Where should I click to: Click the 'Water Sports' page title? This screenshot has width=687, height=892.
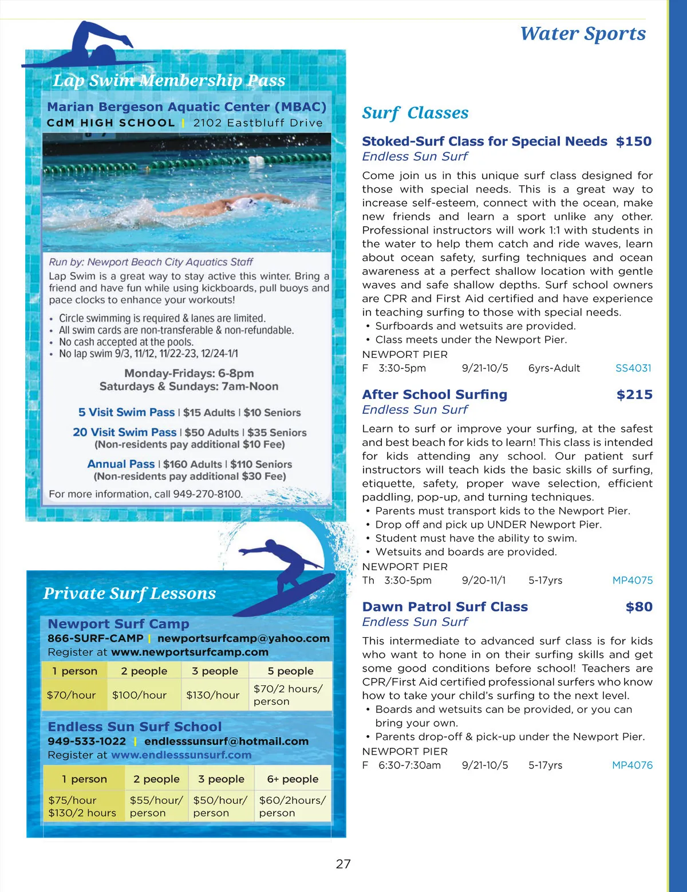[x=582, y=34]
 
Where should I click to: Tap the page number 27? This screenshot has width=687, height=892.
[x=343, y=864]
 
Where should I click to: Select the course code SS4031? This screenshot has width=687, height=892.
[x=633, y=368]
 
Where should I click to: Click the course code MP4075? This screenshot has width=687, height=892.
[x=632, y=580]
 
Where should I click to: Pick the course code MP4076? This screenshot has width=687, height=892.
[x=632, y=765]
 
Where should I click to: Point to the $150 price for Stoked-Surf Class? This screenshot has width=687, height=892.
[x=633, y=141]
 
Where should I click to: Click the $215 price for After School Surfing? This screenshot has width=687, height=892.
[x=634, y=394]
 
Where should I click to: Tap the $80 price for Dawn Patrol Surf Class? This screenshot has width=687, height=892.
[x=638, y=607]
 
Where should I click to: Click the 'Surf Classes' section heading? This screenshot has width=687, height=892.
[x=415, y=113]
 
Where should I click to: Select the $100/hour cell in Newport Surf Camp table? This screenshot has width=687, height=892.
[x=139, y=695]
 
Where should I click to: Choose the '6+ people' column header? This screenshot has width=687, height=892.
[x=293, y=779]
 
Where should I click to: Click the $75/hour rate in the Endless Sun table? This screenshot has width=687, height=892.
[x=72, y=800]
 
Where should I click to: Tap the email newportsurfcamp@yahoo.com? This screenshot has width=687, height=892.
[x=243, y=638]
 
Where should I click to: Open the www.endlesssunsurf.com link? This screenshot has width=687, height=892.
[x=181, y=755]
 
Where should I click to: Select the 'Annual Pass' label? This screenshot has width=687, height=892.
[x=121, y=464]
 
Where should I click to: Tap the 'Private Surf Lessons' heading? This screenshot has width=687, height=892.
[x=129, y=593]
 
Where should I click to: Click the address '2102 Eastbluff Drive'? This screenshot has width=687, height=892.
[x=258, y=123]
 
